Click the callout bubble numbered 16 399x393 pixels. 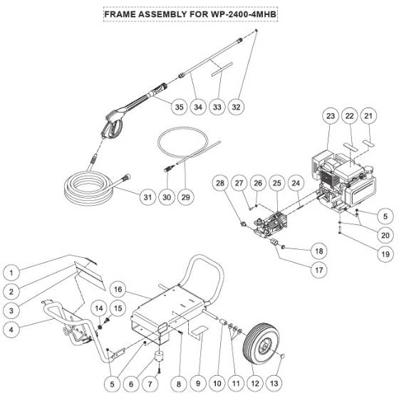119,290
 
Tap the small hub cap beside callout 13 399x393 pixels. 284,356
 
